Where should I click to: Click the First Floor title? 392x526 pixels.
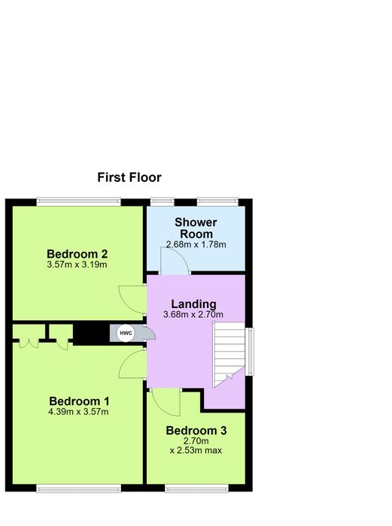(129, 177)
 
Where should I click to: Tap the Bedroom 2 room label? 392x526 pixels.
(77, 254)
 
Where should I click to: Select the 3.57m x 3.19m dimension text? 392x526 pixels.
(77, 265)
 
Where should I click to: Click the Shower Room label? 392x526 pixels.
(196, 228)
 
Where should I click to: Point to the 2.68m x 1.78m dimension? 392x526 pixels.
(196, 244)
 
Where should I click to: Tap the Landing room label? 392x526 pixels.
(194, 304)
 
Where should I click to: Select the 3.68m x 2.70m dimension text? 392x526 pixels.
(193, 315)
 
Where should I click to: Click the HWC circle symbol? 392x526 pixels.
(126, 334)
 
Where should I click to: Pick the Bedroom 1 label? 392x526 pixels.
(79, 401)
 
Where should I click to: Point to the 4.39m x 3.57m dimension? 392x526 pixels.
(78, 412)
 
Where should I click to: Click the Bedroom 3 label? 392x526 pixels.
(196, 431)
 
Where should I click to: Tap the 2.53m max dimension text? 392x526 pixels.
(196, 450)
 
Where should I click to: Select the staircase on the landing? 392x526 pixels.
(229, 355)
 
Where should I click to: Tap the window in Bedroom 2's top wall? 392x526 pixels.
(78, 201)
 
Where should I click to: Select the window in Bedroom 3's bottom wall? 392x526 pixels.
(196, 488)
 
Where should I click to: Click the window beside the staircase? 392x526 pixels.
(250, 351)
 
